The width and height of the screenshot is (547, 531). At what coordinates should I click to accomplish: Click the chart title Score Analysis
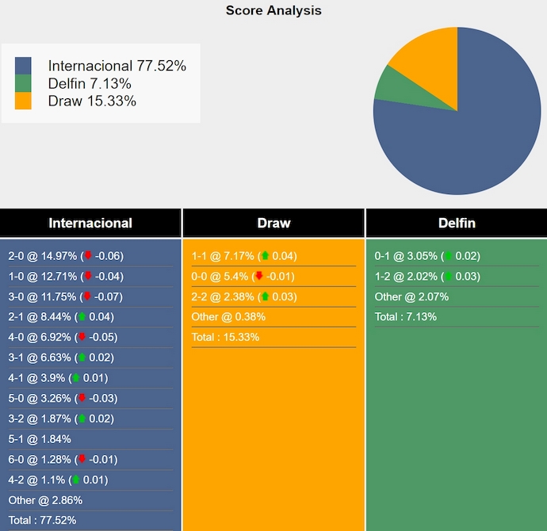[x=273, y=10]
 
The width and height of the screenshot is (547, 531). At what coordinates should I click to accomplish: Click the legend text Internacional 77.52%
[x=117, y=67]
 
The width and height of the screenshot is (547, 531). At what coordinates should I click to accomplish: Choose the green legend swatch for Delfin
[x=23, y=84]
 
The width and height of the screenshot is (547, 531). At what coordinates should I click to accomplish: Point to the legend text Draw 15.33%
[x=92, y=101]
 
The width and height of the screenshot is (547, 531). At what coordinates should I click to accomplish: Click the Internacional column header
[x=90, y=223]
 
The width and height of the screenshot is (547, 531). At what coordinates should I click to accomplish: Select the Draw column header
[x=273, y=223]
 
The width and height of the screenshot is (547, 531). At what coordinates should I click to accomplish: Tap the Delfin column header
[x=456, y=223]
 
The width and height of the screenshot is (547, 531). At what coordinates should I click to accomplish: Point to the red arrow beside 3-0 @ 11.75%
[x=88, y=296]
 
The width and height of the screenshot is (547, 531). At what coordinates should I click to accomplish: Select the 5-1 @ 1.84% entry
[x=40, y=439]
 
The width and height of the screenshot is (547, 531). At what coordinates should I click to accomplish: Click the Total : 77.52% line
[x=42, y=520]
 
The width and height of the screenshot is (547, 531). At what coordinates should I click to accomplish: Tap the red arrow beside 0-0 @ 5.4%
[x=258, y=277]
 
